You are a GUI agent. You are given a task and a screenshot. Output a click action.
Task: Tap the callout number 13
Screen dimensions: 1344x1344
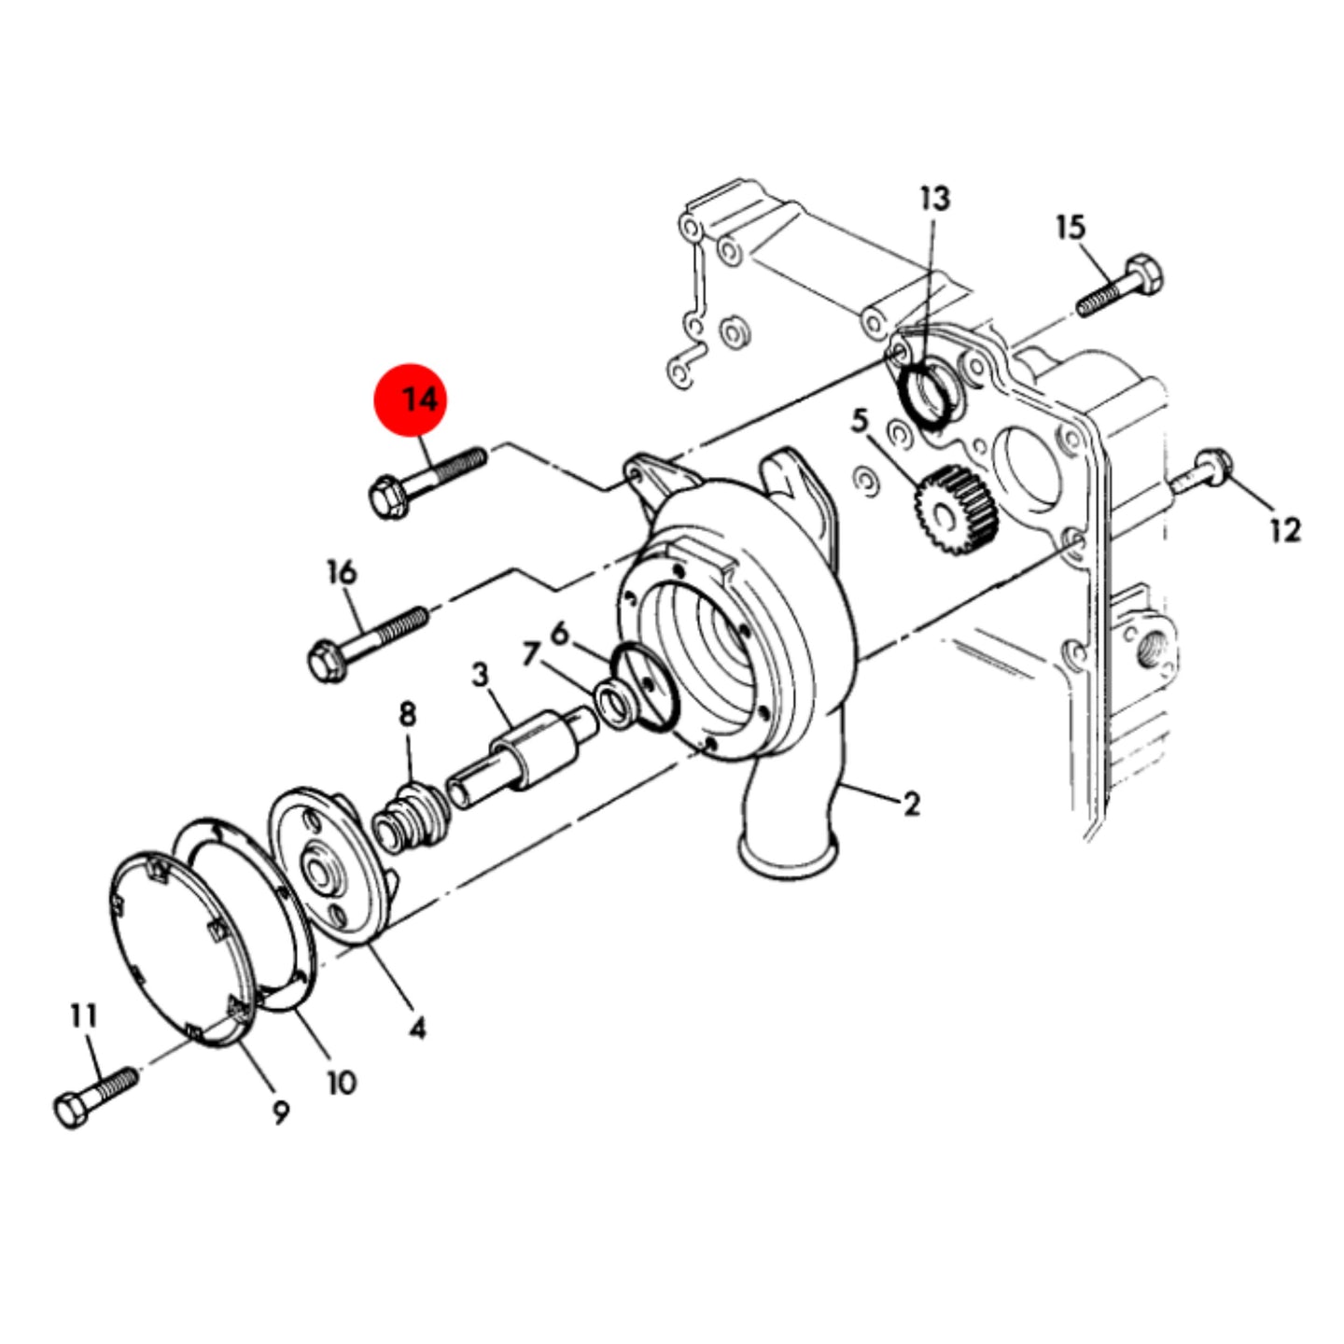coord(934,199)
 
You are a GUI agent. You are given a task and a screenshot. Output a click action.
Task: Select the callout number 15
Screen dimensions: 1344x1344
coord(1071,227)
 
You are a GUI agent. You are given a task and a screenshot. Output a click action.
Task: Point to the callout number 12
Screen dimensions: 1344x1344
coord(1285,531)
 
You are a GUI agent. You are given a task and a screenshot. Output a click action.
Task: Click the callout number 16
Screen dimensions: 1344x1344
coord(342,573)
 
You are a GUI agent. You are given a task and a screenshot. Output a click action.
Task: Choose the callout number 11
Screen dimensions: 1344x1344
coord(84,1016)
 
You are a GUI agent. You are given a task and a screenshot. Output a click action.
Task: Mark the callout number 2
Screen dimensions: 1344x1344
coord(911,805)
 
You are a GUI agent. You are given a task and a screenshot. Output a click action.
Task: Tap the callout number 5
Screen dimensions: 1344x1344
coord(860,421)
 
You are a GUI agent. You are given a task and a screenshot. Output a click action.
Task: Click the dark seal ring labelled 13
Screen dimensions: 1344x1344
coord(927,395)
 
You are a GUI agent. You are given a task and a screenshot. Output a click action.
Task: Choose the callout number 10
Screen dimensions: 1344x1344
coord(342,1083)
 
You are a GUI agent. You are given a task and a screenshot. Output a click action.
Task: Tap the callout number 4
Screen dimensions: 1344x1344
coord(416,1028)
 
